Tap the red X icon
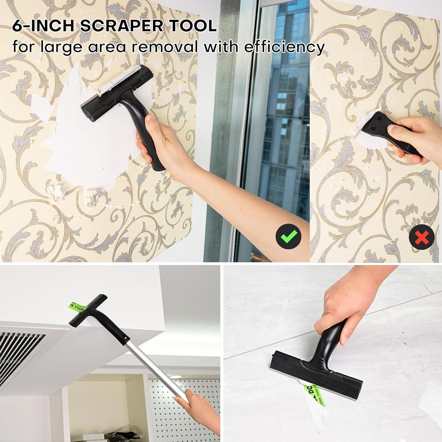pyautogui.click(x=422, y=237)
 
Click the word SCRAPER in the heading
pyautogui.click(x=121, y=26)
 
